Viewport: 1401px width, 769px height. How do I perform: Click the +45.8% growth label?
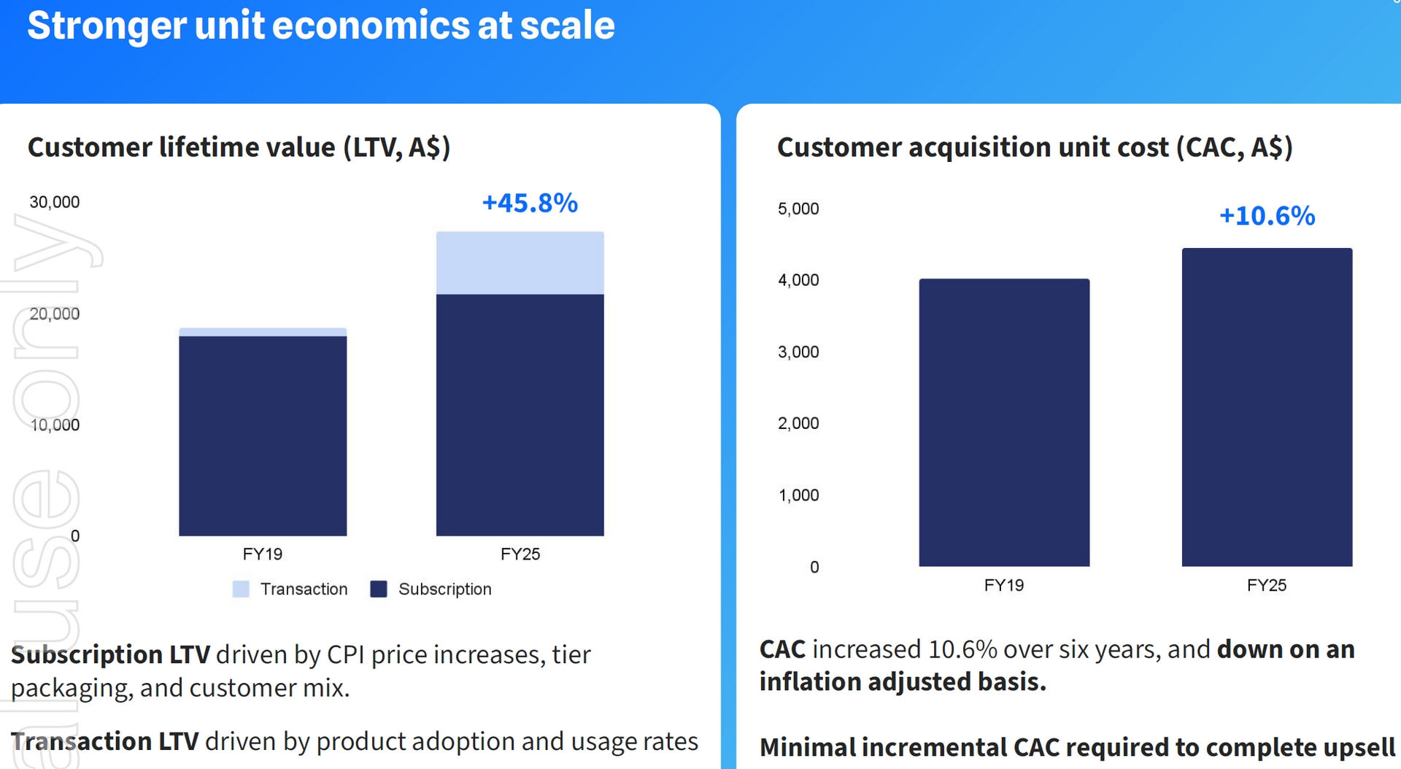tap(530, 203)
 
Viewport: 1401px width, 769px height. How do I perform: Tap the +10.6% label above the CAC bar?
tap(1267, 216)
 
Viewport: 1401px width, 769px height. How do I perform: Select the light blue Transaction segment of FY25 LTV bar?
tap(520, 263)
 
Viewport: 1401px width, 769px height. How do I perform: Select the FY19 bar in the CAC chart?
tap(1004, 422)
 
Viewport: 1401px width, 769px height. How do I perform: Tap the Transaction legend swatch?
tap(241, 589)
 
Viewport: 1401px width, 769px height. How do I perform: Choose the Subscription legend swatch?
tap(379, 589)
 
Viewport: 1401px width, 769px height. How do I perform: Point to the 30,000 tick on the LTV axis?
tap(55, 202)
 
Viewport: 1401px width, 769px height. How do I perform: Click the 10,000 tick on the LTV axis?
tap(55, 425)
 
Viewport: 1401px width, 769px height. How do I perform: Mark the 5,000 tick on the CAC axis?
tap(798, 209)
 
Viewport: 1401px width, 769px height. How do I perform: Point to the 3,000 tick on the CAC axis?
tap(798, 352)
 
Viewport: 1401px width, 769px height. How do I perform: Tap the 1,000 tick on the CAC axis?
tap(798, 495)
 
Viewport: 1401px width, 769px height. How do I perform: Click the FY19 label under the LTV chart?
tap(263, 554)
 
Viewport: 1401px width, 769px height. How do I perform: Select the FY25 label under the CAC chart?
tap(1267, 585)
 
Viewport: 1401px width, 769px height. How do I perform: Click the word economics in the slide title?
tap(371, 26)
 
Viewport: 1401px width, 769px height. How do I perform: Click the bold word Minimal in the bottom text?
tap(807, 747)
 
